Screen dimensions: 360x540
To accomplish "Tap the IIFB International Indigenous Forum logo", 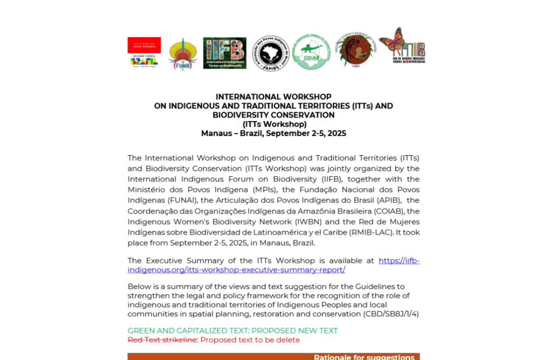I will [225, 53].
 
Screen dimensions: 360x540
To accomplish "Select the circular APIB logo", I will [270, 54].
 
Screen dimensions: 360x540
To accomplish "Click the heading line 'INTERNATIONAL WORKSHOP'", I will [273, 97].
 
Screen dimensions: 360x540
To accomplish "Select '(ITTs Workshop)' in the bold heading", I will [274, 124].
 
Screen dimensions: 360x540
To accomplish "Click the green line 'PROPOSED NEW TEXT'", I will [294, 331].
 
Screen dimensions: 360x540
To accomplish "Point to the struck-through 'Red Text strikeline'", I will [162, 340].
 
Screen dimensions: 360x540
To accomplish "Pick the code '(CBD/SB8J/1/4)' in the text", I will [391, 314].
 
